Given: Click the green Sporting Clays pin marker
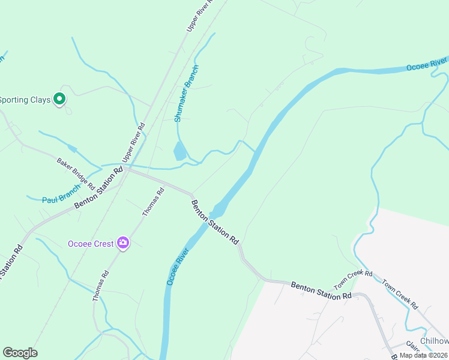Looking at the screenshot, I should click(59, 99).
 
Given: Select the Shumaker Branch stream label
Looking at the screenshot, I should click(186, 94).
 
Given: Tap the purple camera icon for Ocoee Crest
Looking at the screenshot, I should click(123, 243).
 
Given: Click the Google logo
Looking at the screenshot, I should click(20, 353).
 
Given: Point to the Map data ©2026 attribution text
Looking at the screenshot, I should click(423, 355).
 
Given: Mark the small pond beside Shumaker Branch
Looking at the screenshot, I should click(179, 152).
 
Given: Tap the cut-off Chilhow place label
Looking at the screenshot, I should click(434, 341).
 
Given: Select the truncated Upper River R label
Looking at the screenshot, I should click(200, 15).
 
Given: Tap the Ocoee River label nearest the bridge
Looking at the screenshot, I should click(178, 266).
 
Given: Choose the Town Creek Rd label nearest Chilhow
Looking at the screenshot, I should click(400, 293).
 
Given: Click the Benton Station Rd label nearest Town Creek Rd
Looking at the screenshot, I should click(321, 290).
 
